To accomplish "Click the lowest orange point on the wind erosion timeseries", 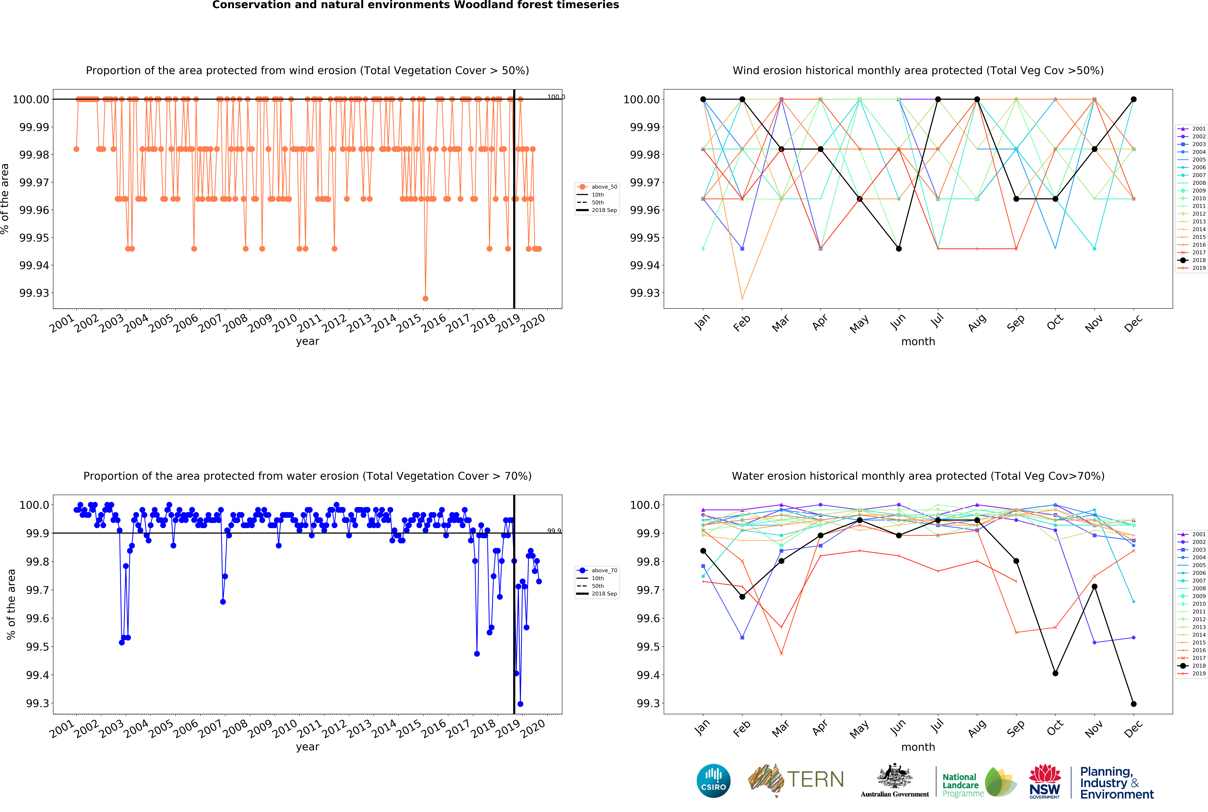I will click(x=425, y=298).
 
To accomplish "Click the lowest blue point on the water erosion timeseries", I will click(x=520, y=704).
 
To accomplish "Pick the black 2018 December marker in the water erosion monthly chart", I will click(x=1134, y=704).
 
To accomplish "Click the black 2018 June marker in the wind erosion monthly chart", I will click(x=898, y=249).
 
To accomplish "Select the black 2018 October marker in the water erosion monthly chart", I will click(x=1055, y=673).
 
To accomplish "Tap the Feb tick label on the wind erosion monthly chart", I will click(x=742, y=323).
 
